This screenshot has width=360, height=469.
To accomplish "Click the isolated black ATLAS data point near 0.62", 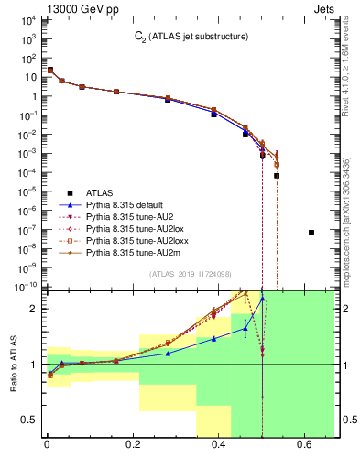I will coord(311,233).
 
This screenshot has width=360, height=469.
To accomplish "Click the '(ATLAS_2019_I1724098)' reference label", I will coord(191,275).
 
